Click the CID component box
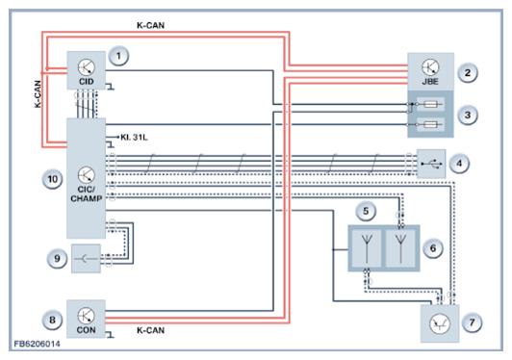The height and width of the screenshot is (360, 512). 87,70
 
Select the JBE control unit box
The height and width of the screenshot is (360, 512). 430,72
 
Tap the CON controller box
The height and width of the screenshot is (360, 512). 86,319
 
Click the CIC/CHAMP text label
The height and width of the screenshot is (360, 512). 87,193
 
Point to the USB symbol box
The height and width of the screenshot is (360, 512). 431,164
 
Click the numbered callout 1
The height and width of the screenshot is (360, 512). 118,56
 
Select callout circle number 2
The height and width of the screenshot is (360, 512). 468,72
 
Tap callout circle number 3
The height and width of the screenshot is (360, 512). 468,115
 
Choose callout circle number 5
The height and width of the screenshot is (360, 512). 366,211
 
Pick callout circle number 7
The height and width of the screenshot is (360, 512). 472,322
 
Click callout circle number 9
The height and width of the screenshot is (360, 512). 57,258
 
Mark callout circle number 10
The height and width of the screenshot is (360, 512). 52,179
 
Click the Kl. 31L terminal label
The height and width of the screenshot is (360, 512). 134,138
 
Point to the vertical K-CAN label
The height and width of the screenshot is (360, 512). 38,94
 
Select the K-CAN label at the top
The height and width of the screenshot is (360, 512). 150,25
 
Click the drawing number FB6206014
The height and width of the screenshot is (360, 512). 37,344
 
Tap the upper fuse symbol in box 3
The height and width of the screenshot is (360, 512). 430,105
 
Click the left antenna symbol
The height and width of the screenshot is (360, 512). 367,248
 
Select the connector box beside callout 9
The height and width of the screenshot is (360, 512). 86,258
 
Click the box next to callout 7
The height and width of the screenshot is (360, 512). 440,323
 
